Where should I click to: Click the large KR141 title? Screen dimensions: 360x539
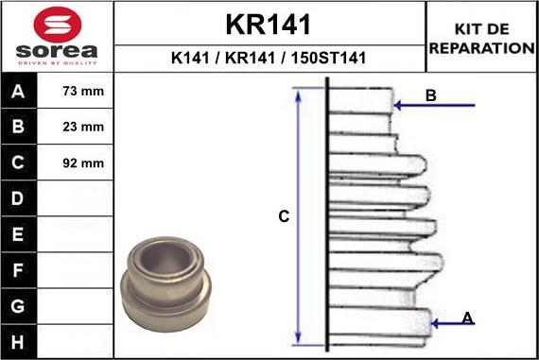click(x=269, y=23)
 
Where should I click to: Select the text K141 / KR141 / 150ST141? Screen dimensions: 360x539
click(x=269, y=58)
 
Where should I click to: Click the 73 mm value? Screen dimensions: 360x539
click(x=82, y=93)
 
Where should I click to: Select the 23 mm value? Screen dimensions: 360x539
click(x=82, y=127)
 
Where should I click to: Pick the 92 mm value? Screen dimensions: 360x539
click(x=82, y=163)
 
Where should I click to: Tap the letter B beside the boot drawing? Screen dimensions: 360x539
click(x=430, y=95)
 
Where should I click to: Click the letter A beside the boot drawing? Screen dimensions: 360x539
click(x=467, y=317)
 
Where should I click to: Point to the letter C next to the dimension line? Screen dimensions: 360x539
click(x=283, y=217)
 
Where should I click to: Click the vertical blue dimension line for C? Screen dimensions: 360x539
click(x=299, y=217)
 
